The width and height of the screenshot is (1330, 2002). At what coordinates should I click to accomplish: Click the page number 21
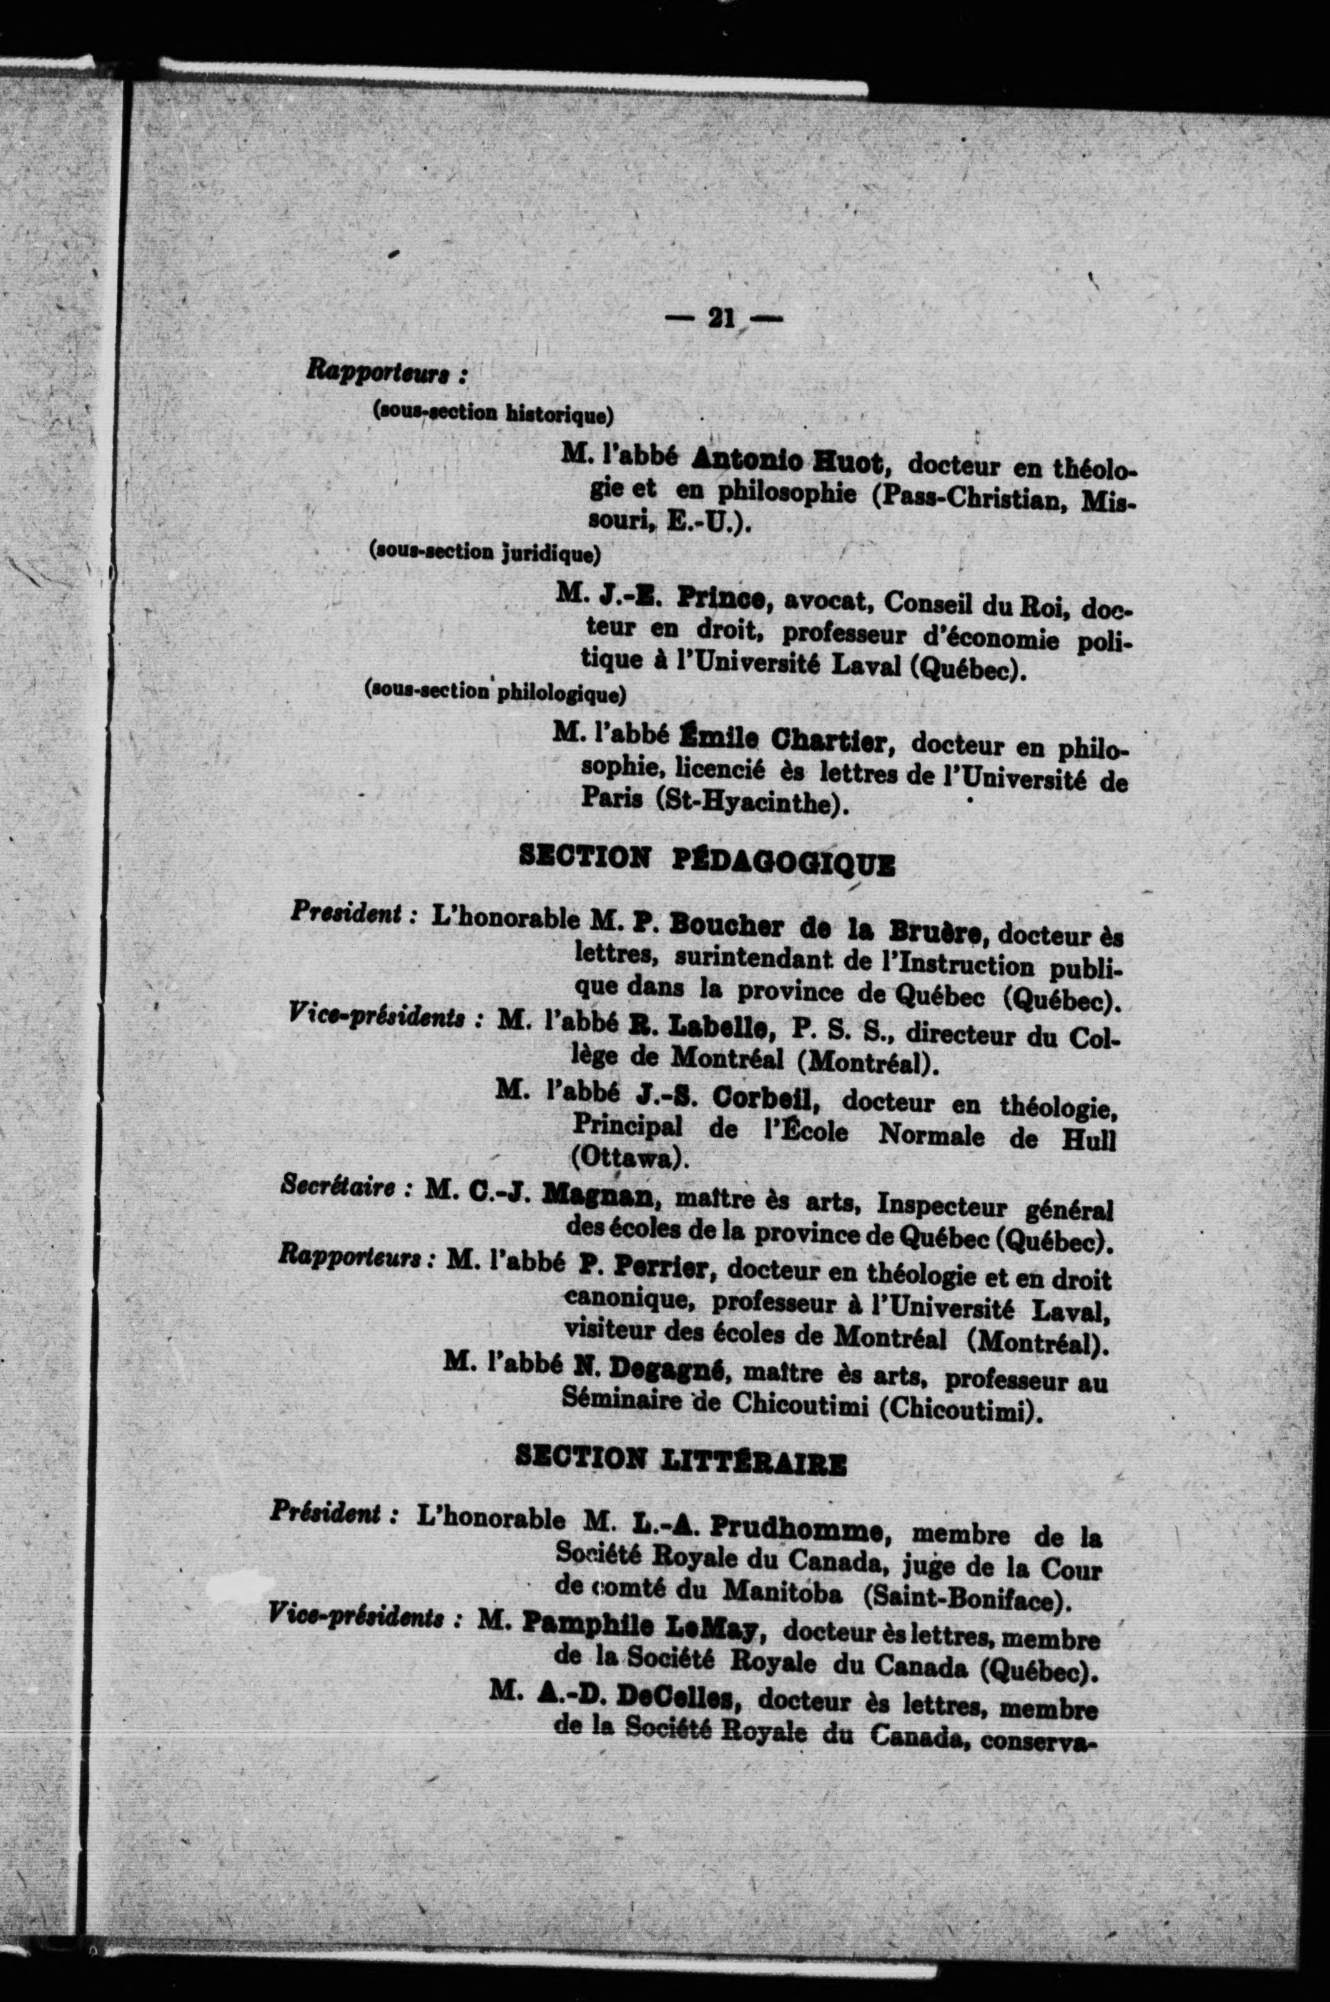point(721,318)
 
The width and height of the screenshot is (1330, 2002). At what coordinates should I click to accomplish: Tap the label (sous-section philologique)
point(495,693)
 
